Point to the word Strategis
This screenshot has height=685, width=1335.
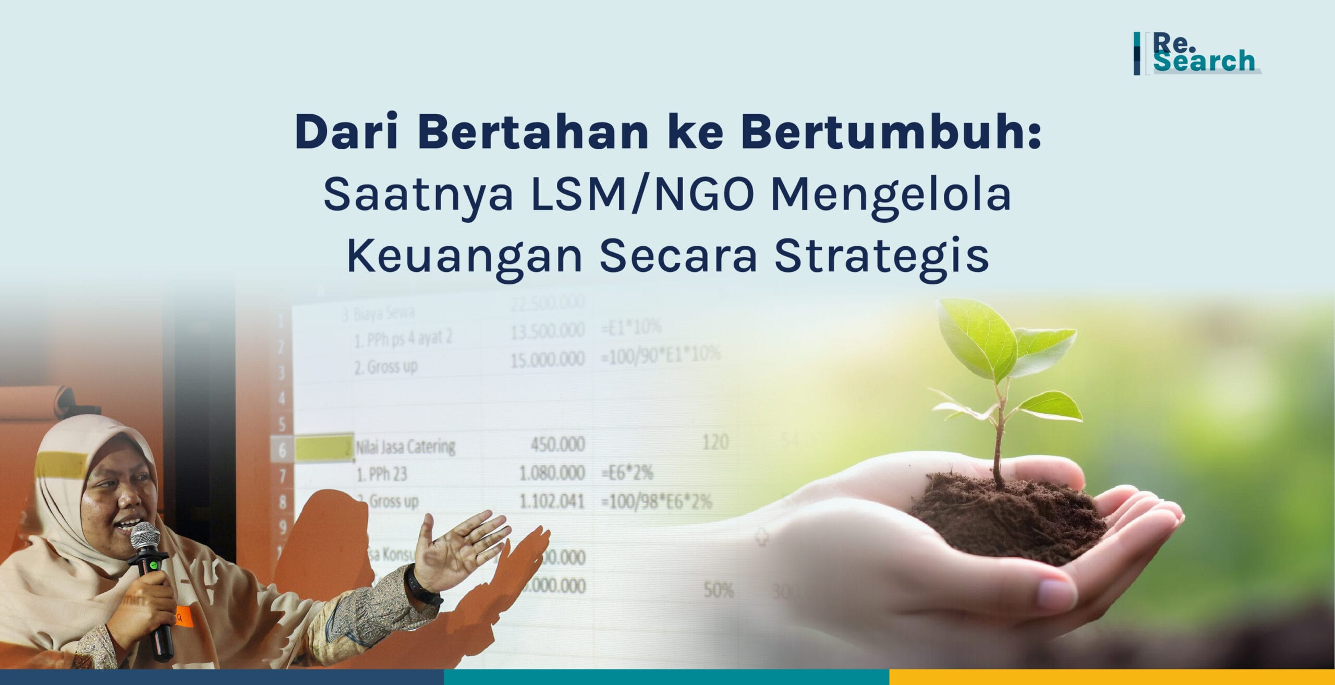(x=881, y=256)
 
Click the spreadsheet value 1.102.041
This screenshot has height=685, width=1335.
(x=551, y=501)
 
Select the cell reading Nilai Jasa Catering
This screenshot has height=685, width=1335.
(x=405, y=447)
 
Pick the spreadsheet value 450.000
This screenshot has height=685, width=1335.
(x=557, y=444)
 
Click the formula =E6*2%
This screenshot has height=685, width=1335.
(x=627, y=473)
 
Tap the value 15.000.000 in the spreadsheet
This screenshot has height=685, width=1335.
(x=547, y=359)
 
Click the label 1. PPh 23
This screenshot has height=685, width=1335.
(x=381, y=474)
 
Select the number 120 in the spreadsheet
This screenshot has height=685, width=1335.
(x=715, y=442)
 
